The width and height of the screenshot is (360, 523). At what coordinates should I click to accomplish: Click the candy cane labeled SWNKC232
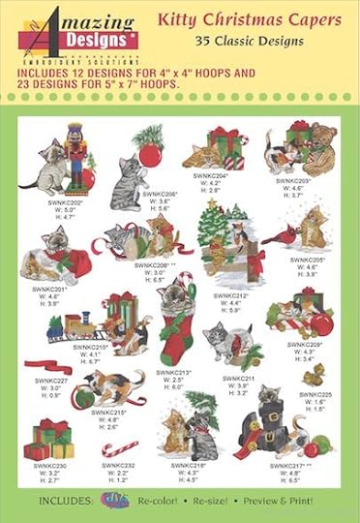pyautogui.click(x=121, y=448)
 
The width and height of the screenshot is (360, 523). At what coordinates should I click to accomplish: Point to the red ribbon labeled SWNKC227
pyautogui.click(x=48, y=367)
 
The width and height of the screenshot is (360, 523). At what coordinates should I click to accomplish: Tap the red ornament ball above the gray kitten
pyautogui.click(x=151, y=154)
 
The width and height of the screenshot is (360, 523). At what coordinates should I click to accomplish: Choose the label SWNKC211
pyautogui.click(x=237, y=379)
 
